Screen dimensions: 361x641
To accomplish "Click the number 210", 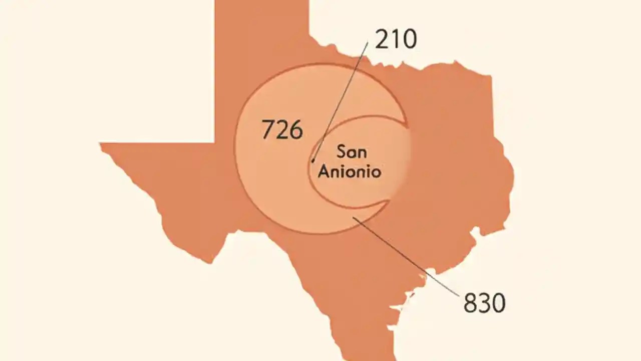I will pos(396,39).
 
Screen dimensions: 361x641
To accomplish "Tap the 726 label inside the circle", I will pos(282,130).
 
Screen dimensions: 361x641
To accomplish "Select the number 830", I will pos(484,303).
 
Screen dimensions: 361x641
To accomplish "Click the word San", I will pos(351,151).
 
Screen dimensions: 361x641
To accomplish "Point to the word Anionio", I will pos(350,171).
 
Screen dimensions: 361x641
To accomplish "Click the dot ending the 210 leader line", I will pos(313,161).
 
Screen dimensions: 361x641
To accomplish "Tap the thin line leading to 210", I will pos(341,100).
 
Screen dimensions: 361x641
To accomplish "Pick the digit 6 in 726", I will pos(296,130).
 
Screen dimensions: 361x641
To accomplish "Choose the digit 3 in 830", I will pos(484,303).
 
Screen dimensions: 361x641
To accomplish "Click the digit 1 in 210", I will pos(395,39).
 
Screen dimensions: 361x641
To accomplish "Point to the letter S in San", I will pos(341,151).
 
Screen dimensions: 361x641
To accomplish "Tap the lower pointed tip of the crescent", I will pos(388,202).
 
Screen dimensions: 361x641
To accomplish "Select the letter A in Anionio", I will pos(324,171).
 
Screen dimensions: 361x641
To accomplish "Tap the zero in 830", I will pos(498,303).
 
